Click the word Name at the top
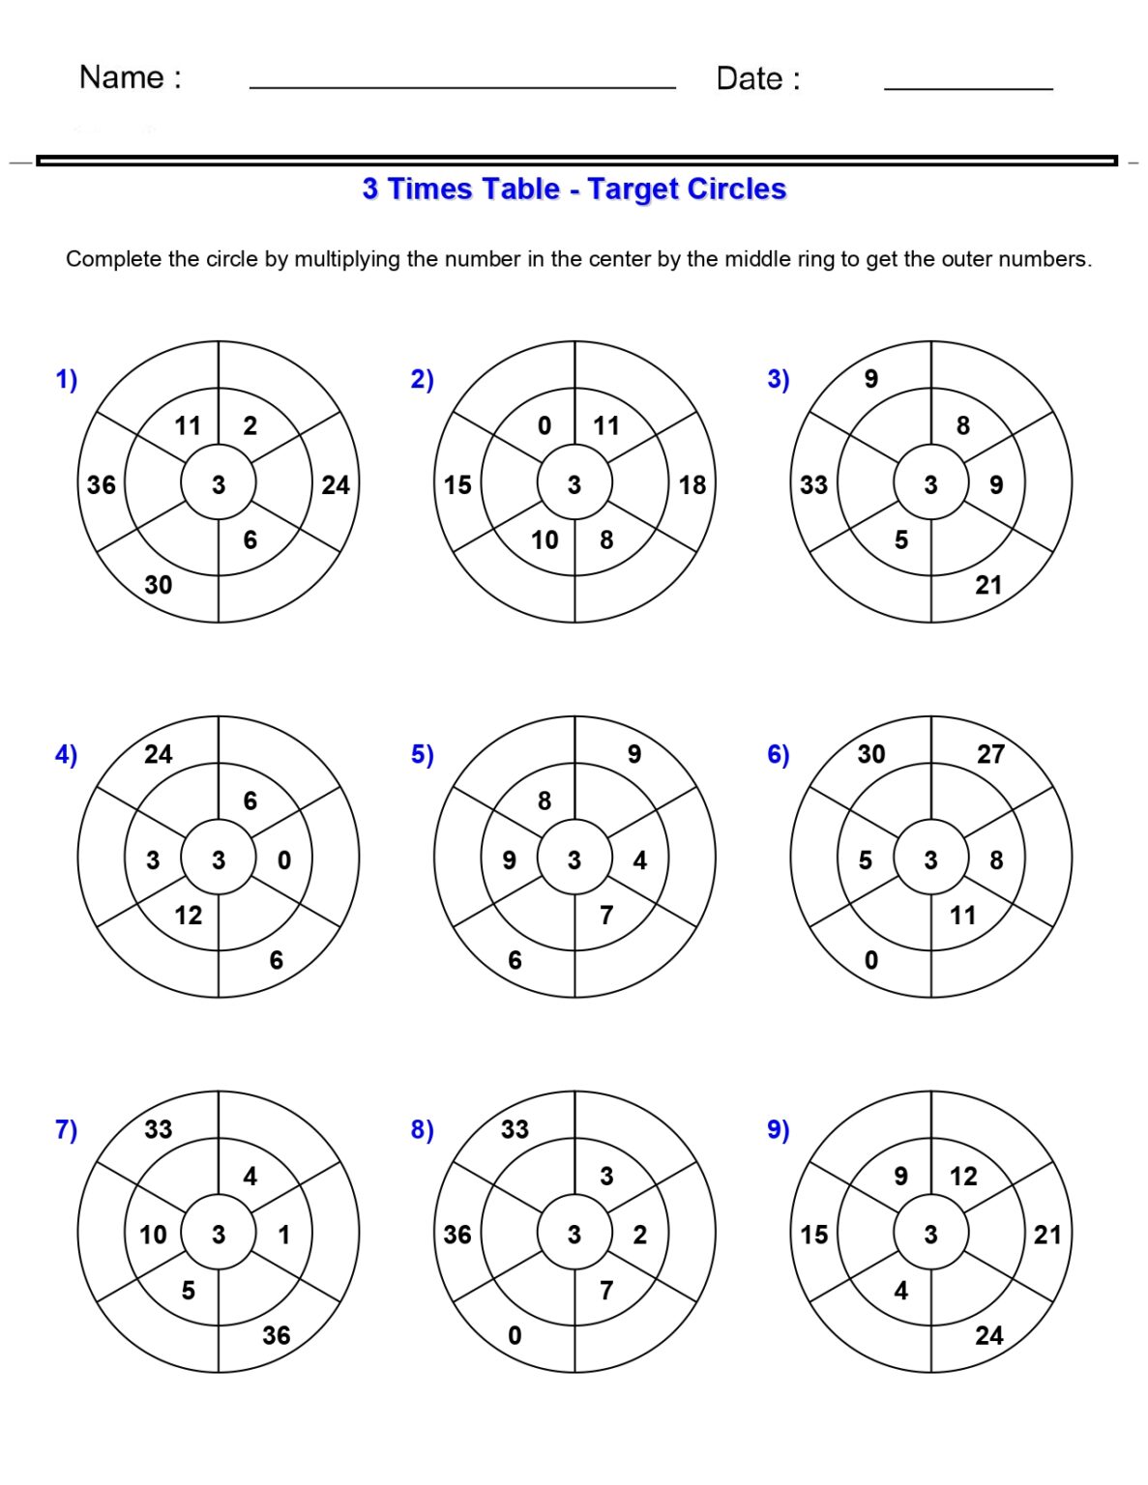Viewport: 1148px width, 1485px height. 121,77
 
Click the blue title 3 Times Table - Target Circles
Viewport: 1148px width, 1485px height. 574,189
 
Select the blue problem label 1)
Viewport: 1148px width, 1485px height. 67,379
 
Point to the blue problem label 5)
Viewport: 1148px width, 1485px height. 423,754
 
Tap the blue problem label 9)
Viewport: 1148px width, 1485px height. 779,1129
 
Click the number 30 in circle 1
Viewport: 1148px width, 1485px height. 159,585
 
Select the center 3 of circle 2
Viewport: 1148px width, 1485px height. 574,484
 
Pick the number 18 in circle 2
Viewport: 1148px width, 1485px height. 692,485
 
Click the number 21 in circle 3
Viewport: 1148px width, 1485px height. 988,585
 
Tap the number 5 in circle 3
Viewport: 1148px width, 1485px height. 901,539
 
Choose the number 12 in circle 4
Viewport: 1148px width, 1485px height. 189,915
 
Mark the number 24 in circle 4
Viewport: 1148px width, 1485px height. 159,754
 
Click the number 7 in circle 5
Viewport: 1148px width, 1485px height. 606,915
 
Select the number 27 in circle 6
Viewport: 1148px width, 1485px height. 990,754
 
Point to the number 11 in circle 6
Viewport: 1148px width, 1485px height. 962,915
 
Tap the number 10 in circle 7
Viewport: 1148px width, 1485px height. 153,1235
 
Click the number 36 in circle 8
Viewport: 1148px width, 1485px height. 457,1235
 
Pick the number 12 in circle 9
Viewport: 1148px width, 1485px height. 963,1177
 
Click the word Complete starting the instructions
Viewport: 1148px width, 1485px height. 113,259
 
